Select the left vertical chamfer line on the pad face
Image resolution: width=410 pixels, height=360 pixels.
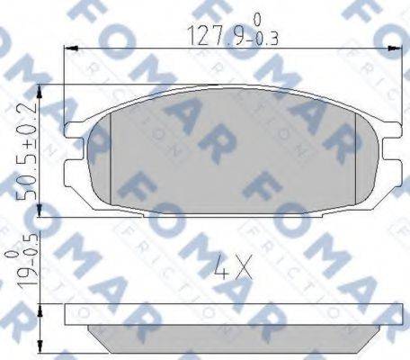(x=111, y=162)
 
